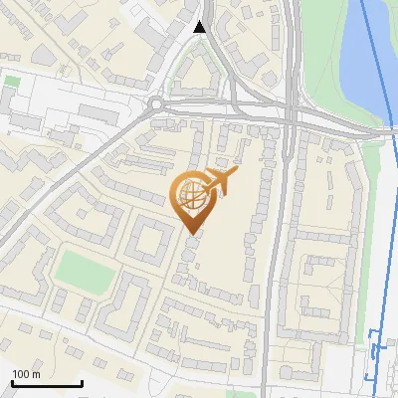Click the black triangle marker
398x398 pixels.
coord(201,27)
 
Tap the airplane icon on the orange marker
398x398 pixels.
coord(220,181)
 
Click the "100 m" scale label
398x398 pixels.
coord(26,374)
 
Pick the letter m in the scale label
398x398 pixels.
coord(35,374)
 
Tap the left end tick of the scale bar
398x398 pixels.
coord(11,382)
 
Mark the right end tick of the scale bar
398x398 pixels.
coord(82,382)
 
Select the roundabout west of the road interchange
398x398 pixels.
coord(156,103)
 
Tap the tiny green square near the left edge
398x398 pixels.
coord(12,80)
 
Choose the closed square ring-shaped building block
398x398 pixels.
coord(146,241)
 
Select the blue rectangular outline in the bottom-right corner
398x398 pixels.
coord(375,353)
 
